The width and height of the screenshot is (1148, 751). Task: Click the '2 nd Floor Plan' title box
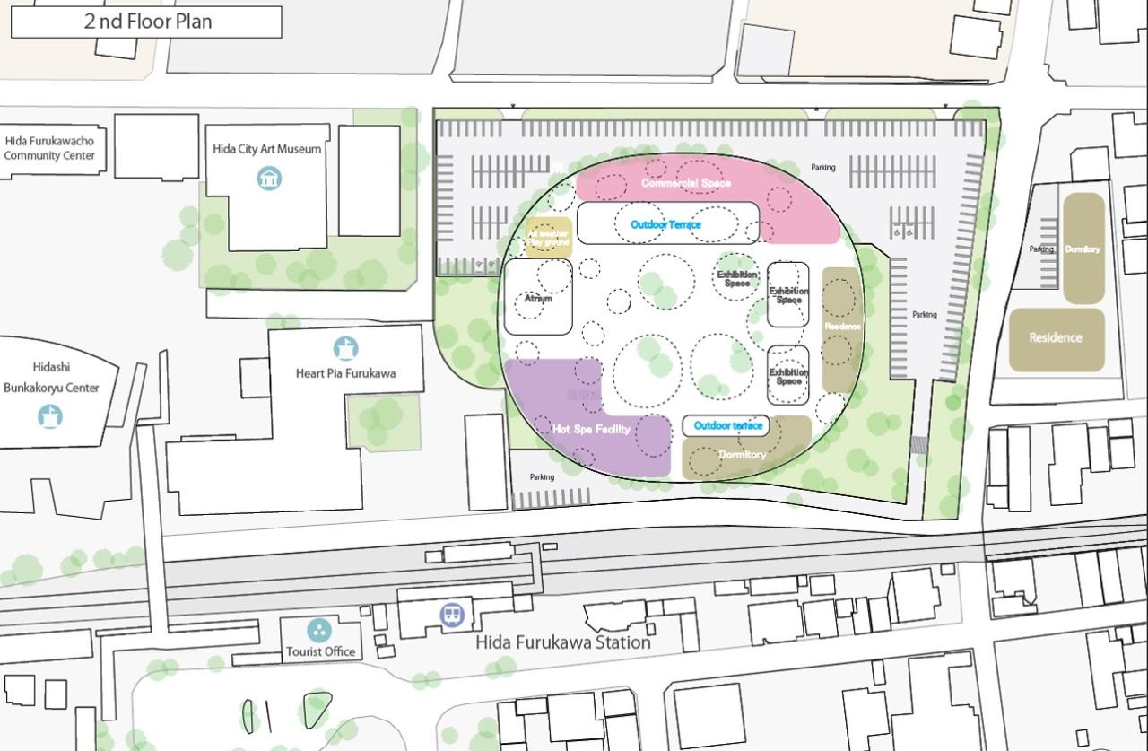coord(146,22)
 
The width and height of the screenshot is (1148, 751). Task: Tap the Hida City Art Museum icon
coord(269,178)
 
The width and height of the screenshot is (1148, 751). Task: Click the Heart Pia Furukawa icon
coord(345,348)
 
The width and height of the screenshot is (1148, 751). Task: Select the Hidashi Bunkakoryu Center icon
coord(50,415)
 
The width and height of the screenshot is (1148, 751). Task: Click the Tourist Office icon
coord(318,630)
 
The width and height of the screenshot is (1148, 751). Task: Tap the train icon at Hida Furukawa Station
coord(452,615)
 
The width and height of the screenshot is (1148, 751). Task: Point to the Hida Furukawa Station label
coord(562,642)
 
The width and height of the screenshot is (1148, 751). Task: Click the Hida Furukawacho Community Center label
coord(49,148)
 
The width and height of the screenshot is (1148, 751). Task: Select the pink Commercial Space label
coord(686,183)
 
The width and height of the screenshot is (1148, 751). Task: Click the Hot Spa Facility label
coord(591,430)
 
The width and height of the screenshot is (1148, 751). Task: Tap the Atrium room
coord(537,298)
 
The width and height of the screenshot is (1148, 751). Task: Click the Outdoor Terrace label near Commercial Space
coord(665,224)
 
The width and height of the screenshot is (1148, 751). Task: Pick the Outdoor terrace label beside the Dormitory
coord(728,425)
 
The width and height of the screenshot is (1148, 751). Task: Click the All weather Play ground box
coord(548,238)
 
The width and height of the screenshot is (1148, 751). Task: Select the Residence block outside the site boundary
coord(1056,338)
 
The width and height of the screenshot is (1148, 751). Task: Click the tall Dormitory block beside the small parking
coord(1083,249)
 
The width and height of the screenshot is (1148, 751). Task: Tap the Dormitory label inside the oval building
coord(743,455)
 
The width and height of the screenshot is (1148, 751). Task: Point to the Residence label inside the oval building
coord(842,327)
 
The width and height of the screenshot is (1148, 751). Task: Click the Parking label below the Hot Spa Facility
coord(542,477)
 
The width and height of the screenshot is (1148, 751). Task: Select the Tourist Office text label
coord(320,651)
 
